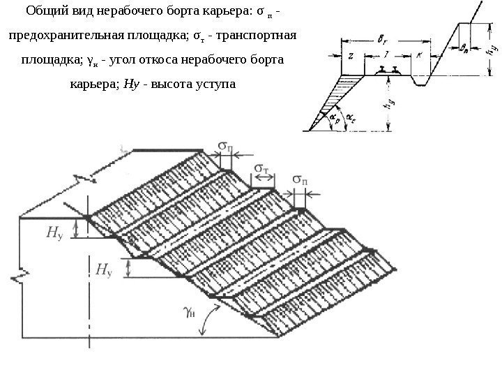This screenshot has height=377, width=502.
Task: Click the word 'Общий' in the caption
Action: [46, 12]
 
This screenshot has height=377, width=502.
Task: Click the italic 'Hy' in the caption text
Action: [130, 84]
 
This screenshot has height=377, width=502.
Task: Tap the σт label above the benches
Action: [263, 170]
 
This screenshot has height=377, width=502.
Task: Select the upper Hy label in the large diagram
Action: [52, 235]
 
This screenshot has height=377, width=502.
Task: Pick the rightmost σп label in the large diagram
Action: [301, 180]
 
